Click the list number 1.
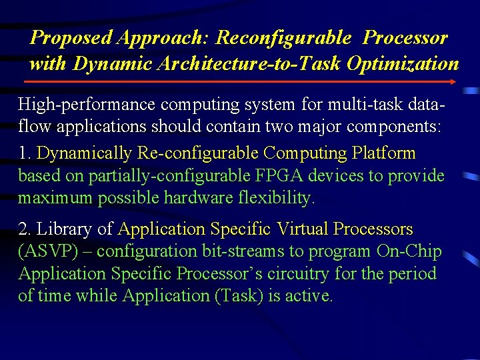coord(25,153)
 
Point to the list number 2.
coord(25,229)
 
